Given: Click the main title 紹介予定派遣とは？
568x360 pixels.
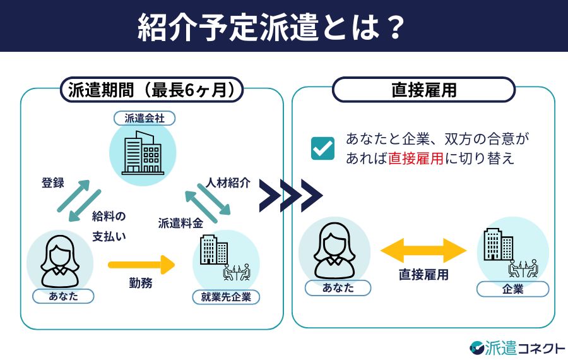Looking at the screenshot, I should click(x=271, y=27).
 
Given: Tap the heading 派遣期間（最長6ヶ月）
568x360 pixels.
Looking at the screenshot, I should click(x=152, y=90).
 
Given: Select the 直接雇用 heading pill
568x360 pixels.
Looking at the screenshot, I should click(x=423, y=90).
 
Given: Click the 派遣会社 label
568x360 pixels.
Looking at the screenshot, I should click(x=144, y=118).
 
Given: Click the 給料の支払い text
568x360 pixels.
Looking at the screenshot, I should click(x=109, y=226).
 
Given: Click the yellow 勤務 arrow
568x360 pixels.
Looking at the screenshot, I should click(x=140, y=265).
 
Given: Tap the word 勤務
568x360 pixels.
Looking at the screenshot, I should click(x=140, y=284).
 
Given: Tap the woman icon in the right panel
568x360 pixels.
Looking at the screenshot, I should click(x=334, y=249).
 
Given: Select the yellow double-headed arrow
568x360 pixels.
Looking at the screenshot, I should click(x=423, y=250).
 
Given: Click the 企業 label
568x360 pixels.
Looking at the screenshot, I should click(x=512, y=289).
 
